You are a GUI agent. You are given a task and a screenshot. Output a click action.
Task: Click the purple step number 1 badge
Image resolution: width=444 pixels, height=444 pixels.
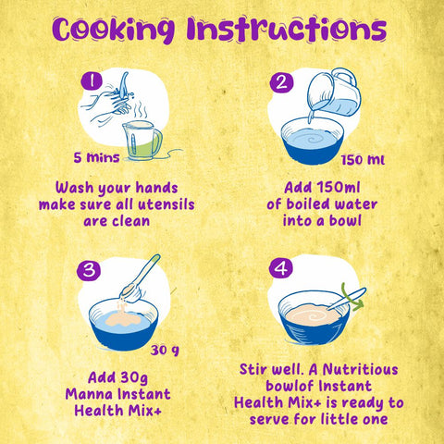(x=92, y=80)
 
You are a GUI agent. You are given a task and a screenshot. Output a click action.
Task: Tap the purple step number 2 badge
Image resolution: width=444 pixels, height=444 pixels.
(x=281, y=82)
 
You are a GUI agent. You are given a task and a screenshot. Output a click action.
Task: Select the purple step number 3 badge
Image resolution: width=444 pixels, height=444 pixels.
(x=89, y=270)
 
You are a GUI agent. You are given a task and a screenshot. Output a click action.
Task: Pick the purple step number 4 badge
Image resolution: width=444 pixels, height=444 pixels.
(x=280, y=267)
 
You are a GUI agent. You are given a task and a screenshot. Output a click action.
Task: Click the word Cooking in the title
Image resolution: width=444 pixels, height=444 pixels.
(x=114, y=30)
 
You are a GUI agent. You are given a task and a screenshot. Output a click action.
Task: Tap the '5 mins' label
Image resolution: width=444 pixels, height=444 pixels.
(x=96, y=157)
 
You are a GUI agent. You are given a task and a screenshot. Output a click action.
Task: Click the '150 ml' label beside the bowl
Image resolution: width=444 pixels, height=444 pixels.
(x=363, y=160)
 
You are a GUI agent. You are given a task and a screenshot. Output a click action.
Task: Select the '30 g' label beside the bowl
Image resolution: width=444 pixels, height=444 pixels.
(x=165, y=351)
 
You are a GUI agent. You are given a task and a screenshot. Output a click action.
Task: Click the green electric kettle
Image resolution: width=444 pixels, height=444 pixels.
(x=142, y=141)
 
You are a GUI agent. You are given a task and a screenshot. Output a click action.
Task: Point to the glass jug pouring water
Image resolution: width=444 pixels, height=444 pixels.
(x=335, y=92)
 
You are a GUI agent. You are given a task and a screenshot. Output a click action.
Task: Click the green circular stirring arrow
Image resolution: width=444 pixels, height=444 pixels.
(x=351, y=298)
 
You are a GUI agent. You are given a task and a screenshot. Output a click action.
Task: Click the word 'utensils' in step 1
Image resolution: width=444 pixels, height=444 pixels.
(x=166, y=204)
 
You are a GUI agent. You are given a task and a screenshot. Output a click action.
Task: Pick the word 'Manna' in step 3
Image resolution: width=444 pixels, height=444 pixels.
(x=89, y=394)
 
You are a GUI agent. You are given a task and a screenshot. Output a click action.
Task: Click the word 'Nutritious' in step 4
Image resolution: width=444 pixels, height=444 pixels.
(x=360, y=369)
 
